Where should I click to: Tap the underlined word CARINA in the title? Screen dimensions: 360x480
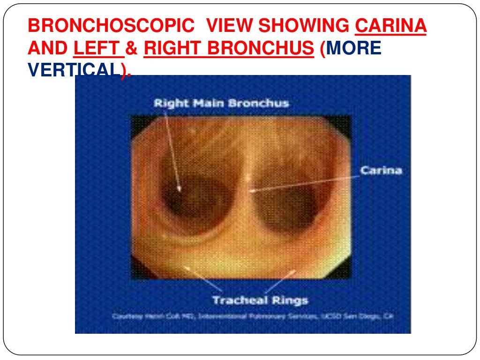coord(391,26)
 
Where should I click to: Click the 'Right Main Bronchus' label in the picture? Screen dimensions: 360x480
coord(221,103)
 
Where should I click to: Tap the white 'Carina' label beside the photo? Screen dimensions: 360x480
coord(381,170)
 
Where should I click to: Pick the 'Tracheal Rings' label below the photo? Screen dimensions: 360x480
coord(260,300)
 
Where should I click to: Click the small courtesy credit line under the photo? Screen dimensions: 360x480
coord(252,317)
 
